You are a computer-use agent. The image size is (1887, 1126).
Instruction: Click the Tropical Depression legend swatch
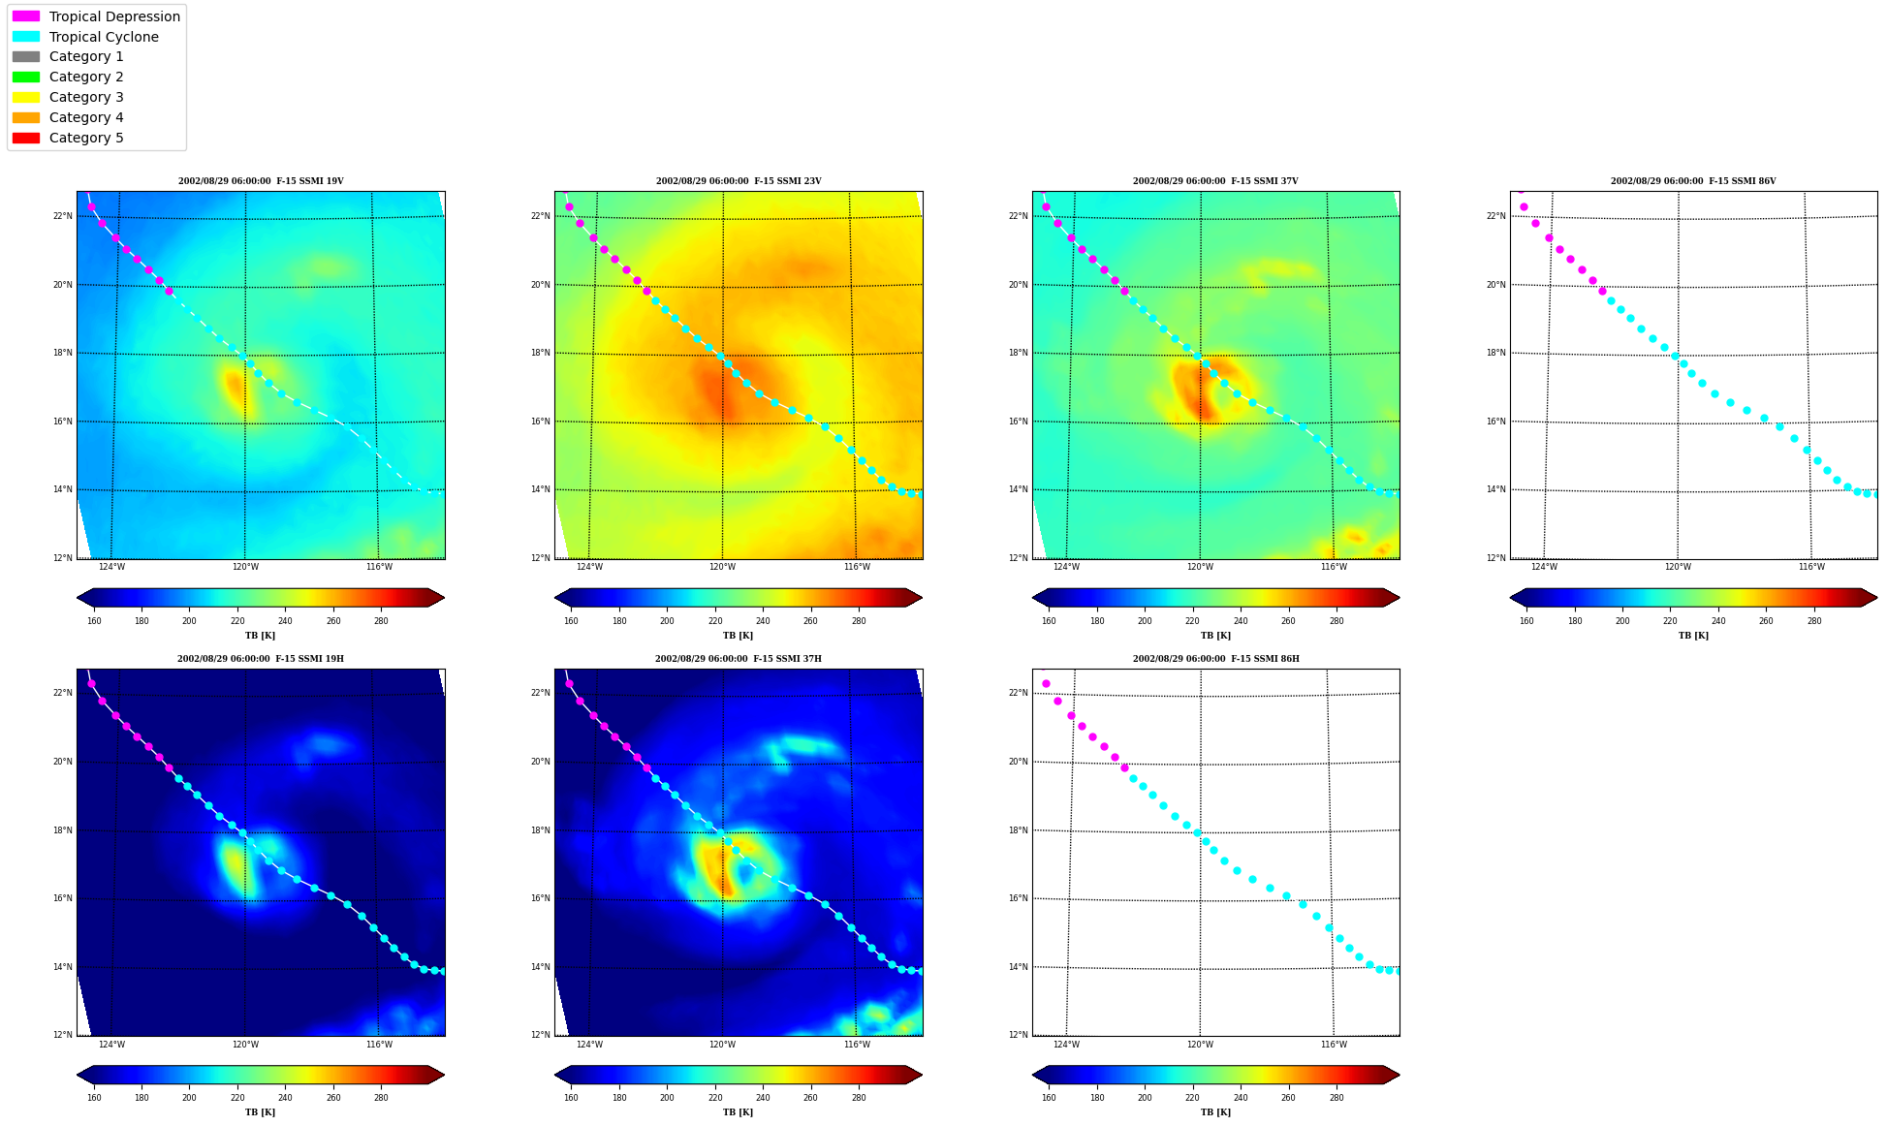pos(26,16)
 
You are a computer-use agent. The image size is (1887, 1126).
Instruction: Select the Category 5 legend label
pos(86,138)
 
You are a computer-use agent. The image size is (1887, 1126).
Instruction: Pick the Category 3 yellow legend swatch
pos(26,97)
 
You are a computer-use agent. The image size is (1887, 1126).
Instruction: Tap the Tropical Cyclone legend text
pos(104,37)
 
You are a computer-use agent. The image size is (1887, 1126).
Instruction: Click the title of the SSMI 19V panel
pos(261,181)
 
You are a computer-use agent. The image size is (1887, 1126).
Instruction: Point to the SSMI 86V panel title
pos(1693,181)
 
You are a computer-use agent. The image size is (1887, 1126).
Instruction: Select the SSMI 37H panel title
pos(738,659)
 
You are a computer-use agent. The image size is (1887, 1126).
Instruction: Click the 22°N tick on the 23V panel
pos(541,216)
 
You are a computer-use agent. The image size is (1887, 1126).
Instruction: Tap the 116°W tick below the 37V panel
pos(1334,567)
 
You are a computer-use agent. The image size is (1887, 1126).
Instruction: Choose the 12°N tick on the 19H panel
pos(63,1035)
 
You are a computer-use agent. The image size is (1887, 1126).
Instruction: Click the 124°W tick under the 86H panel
pos(1066,1045)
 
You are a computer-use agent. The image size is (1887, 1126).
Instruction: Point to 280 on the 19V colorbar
pos(381,621)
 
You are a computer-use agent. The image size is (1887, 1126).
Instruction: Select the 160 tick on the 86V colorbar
pos(1526,621)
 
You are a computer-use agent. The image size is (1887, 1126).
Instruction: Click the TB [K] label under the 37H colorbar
pos(738,1112)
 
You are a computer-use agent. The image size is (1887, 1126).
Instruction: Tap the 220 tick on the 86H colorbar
pos(1192,1098)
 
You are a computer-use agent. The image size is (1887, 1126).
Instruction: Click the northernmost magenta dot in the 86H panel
pos(1046,684)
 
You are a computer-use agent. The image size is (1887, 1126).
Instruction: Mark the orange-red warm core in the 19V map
pos(235,387)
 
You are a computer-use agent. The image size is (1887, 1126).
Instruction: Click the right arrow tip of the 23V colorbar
pos(922,598)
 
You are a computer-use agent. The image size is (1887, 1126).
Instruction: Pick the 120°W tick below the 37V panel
pos(1200,567)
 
